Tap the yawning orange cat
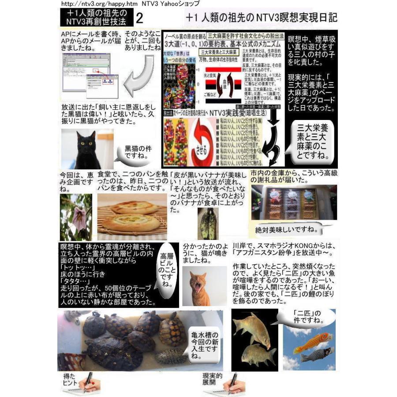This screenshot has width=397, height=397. [x=199, y=286]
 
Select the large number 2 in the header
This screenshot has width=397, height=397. [x=140, y=18]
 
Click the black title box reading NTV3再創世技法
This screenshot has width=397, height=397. [x=94, y=18]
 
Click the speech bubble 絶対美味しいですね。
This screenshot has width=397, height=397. [x=287, y=230]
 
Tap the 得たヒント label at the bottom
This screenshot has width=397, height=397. [x=71, y=379]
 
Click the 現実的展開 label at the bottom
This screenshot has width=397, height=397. [x=212, y=379]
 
